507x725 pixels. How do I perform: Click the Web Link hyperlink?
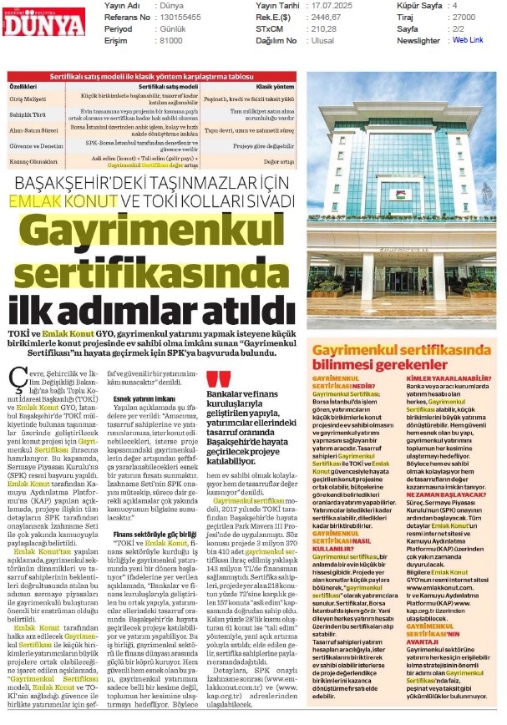pyautogui.click(x=464, y=39)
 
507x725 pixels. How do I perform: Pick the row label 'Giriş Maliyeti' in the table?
pyautogui.click(x=29, y=98)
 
